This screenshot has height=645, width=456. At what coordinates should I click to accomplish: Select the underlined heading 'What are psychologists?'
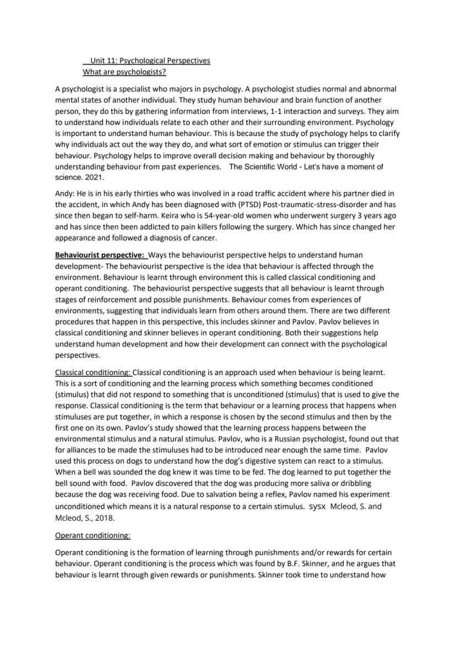[x=124, y=72]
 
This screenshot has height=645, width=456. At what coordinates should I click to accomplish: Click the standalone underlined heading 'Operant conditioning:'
[x=93, y=535]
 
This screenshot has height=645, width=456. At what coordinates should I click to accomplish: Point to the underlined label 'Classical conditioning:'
[x=93, y=372]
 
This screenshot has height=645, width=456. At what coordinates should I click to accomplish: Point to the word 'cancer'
[x=201, y=238]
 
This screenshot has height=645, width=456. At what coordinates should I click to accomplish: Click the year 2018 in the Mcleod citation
[x=107, y=518]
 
